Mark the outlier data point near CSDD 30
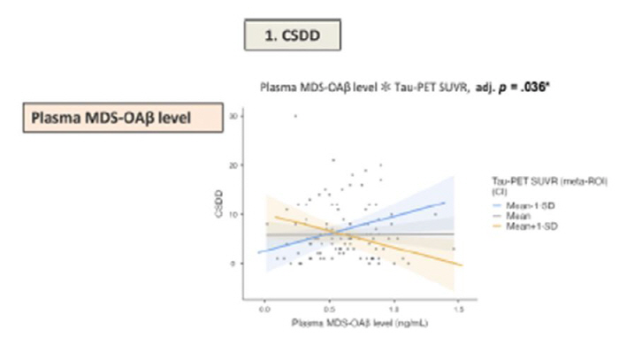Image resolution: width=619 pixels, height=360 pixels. point(295,116)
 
